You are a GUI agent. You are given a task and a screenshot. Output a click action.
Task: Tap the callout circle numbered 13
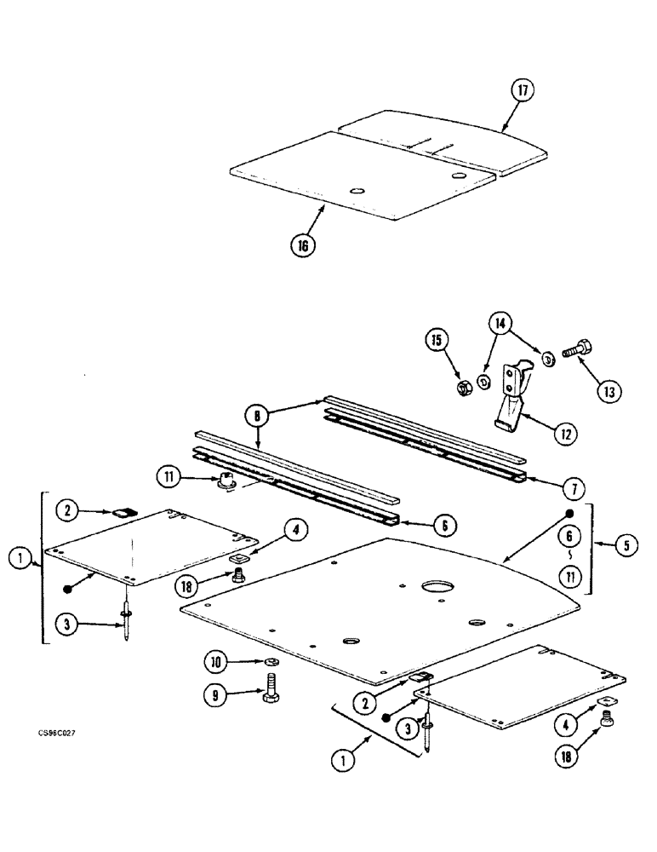click(x=608, y=391)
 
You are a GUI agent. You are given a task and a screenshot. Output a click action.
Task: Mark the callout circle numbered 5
click(x=626, y=546)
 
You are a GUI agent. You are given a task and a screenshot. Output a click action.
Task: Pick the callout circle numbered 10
click(x=216, y=661)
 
